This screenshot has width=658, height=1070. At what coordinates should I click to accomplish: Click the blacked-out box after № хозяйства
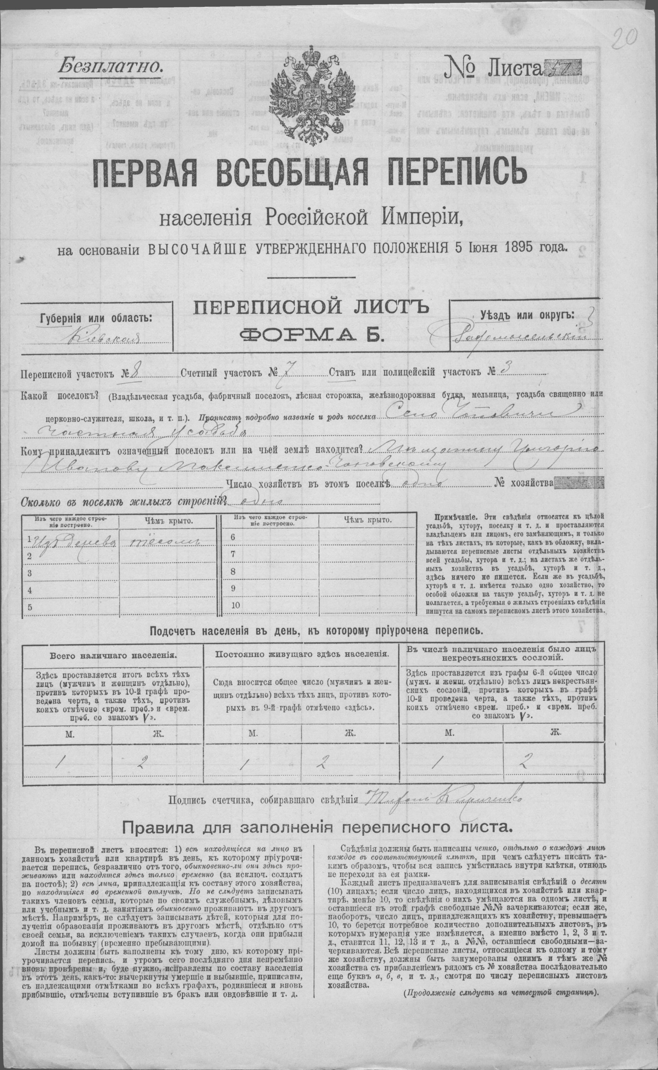pos(580,483)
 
